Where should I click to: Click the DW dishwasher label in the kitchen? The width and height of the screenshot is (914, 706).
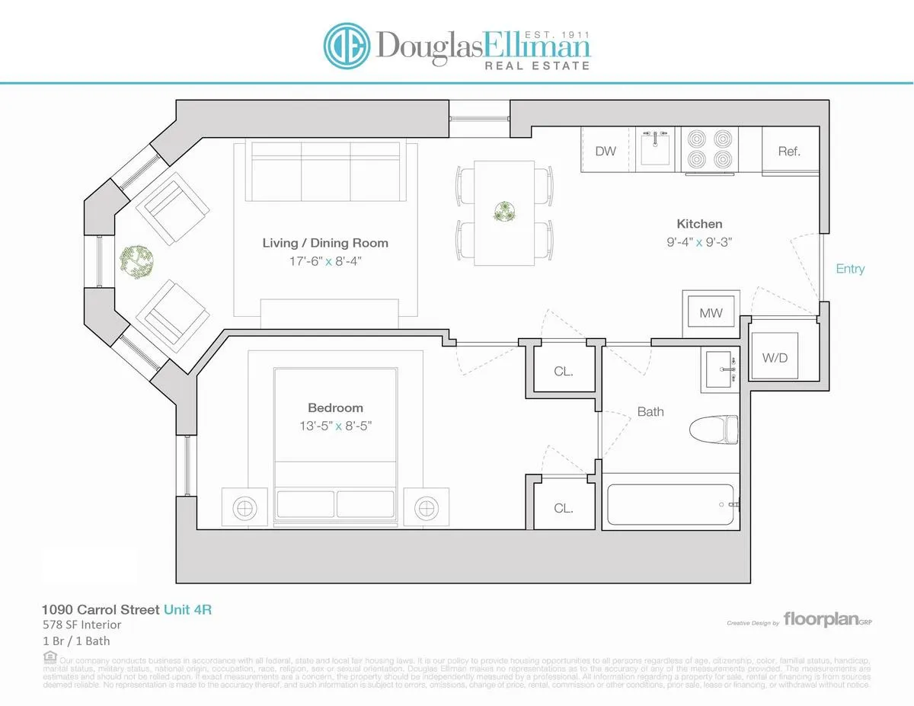pyautogui.click(x=606, y=151)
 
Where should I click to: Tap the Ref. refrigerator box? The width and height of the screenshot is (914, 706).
pyautogui.click(x=789, y=151)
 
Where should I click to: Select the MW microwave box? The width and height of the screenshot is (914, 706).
pyautogui.click(x=711, y=313)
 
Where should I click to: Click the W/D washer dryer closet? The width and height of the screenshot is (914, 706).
pyautogui.click(x=775, y=356)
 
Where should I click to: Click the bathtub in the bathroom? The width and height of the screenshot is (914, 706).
pyautogui.click(x=670, y=503)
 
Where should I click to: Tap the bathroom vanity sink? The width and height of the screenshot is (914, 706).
pyautogui.click(x=721, y=370)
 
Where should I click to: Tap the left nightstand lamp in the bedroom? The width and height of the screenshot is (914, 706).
pyautogui.click(x=244, y=506)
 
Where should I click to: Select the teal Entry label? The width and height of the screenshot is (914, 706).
pyautogui.click(x=850, y=269)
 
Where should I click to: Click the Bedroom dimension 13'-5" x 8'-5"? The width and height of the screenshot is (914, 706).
pyautogui.click(x=335, y=426)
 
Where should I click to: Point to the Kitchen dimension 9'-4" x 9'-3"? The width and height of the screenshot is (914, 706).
pyautogui.click(x=699, y=241)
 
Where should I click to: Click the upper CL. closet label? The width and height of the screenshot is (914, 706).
pyautogui.click(x=564, y=372)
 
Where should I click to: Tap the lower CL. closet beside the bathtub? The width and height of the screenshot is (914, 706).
pyautogui.click(x=564, y=508)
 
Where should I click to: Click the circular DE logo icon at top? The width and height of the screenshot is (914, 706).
pyautogui.click(x=347, y=45)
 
